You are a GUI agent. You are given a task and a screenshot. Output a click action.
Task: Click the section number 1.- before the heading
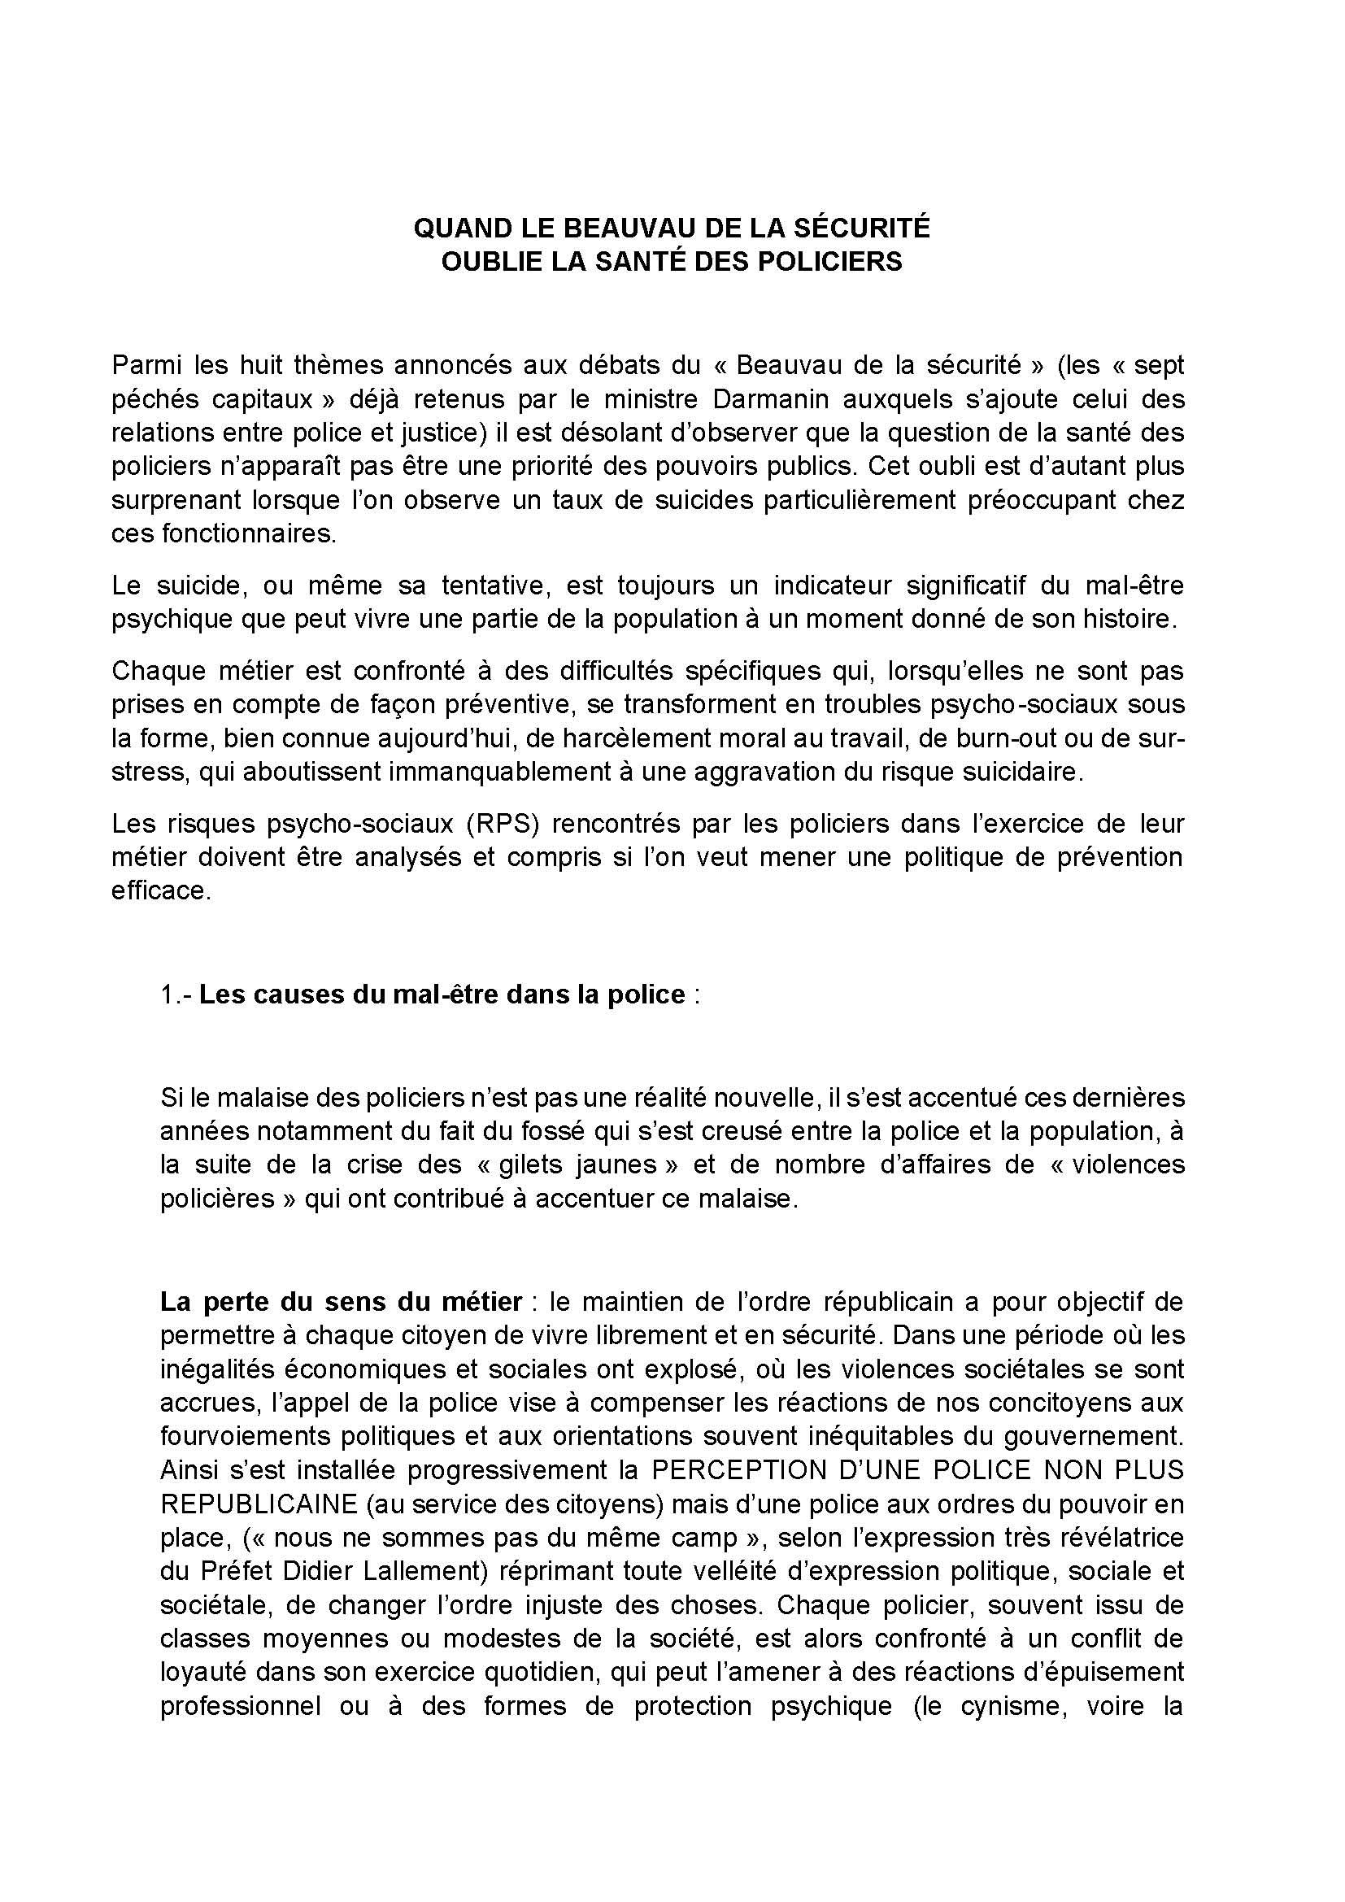coord(176,994)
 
